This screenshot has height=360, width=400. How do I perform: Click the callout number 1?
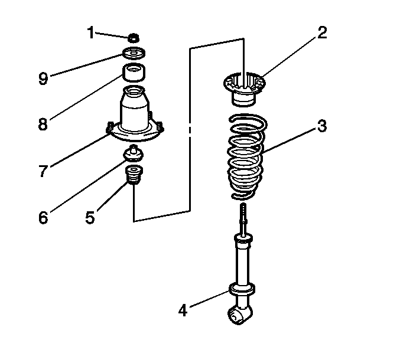90,32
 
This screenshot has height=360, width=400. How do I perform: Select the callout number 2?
321,32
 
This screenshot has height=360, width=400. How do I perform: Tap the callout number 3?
322,126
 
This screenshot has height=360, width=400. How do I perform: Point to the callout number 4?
183,309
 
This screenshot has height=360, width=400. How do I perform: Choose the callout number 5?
90,217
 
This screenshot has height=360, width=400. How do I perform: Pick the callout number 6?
43,217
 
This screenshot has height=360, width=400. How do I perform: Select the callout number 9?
43,78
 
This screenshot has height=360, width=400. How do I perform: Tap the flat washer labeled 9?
134,55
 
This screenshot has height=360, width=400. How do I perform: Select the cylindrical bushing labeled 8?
134,74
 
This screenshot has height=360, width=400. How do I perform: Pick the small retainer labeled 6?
134,155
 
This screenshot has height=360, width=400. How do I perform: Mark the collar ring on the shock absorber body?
242,289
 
